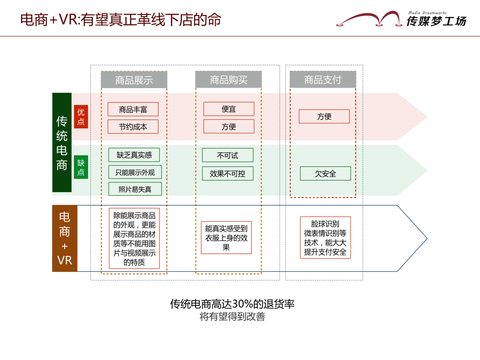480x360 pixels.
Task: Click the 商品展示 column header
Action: click(x=134, y=80)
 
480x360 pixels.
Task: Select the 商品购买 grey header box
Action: click(x=228, y=80)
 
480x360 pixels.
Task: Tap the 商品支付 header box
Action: click(x=322, y=80)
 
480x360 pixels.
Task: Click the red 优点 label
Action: click(x=81, y=117)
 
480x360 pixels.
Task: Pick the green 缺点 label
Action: click(x=81, y=167)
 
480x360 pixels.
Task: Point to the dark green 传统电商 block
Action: click(x=62, y=142)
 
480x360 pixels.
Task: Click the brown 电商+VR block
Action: click(x=65, y=238)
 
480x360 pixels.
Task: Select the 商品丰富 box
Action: click(x=133, y=109)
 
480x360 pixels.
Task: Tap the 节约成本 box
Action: click(x=133, y=127)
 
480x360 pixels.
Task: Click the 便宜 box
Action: click(x=229, y=109)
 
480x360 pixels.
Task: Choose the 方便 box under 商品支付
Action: click(x=324, y=116)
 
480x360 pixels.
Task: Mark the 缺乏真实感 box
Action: click(x=134, y=155)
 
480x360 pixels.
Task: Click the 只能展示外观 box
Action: click(x=135, y=172)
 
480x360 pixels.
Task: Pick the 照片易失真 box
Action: click(x=135, y=189)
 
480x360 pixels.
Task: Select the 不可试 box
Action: click(x=227, y=155)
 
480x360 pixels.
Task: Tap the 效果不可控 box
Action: click(x=227, y=173)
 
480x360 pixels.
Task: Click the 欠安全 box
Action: click(x=325, y=173)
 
